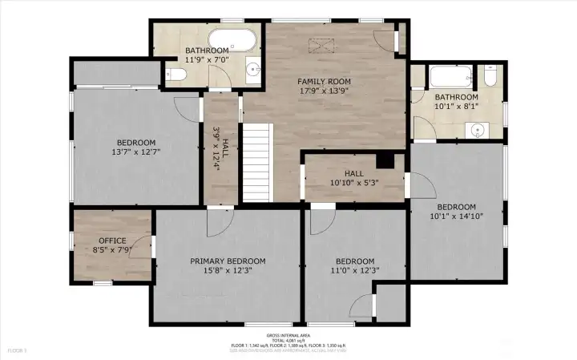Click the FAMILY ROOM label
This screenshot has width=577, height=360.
click(324, 81)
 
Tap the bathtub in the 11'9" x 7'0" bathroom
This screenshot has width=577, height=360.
click(232, 41)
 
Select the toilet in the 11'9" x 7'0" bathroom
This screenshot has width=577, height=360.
click(177, 75)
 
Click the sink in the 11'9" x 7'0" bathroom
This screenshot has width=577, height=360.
click(254, 69)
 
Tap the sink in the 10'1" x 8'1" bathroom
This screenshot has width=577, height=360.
click(479, 128)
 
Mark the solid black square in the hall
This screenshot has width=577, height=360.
click(386, 160)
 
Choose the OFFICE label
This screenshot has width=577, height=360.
click(112, 241)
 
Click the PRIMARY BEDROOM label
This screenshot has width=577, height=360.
click(228, 261)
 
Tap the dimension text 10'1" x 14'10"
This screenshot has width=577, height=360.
click(456, 215)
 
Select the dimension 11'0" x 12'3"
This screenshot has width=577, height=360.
click(354, 270)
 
